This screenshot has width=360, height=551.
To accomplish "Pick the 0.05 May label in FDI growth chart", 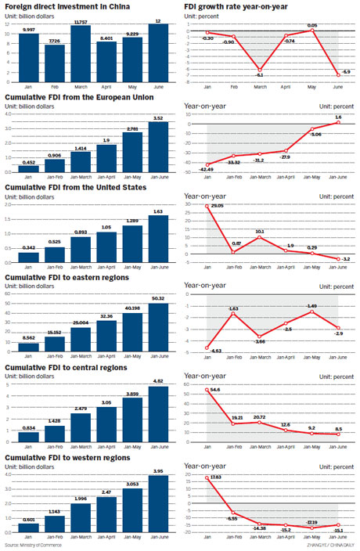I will (311, 26).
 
